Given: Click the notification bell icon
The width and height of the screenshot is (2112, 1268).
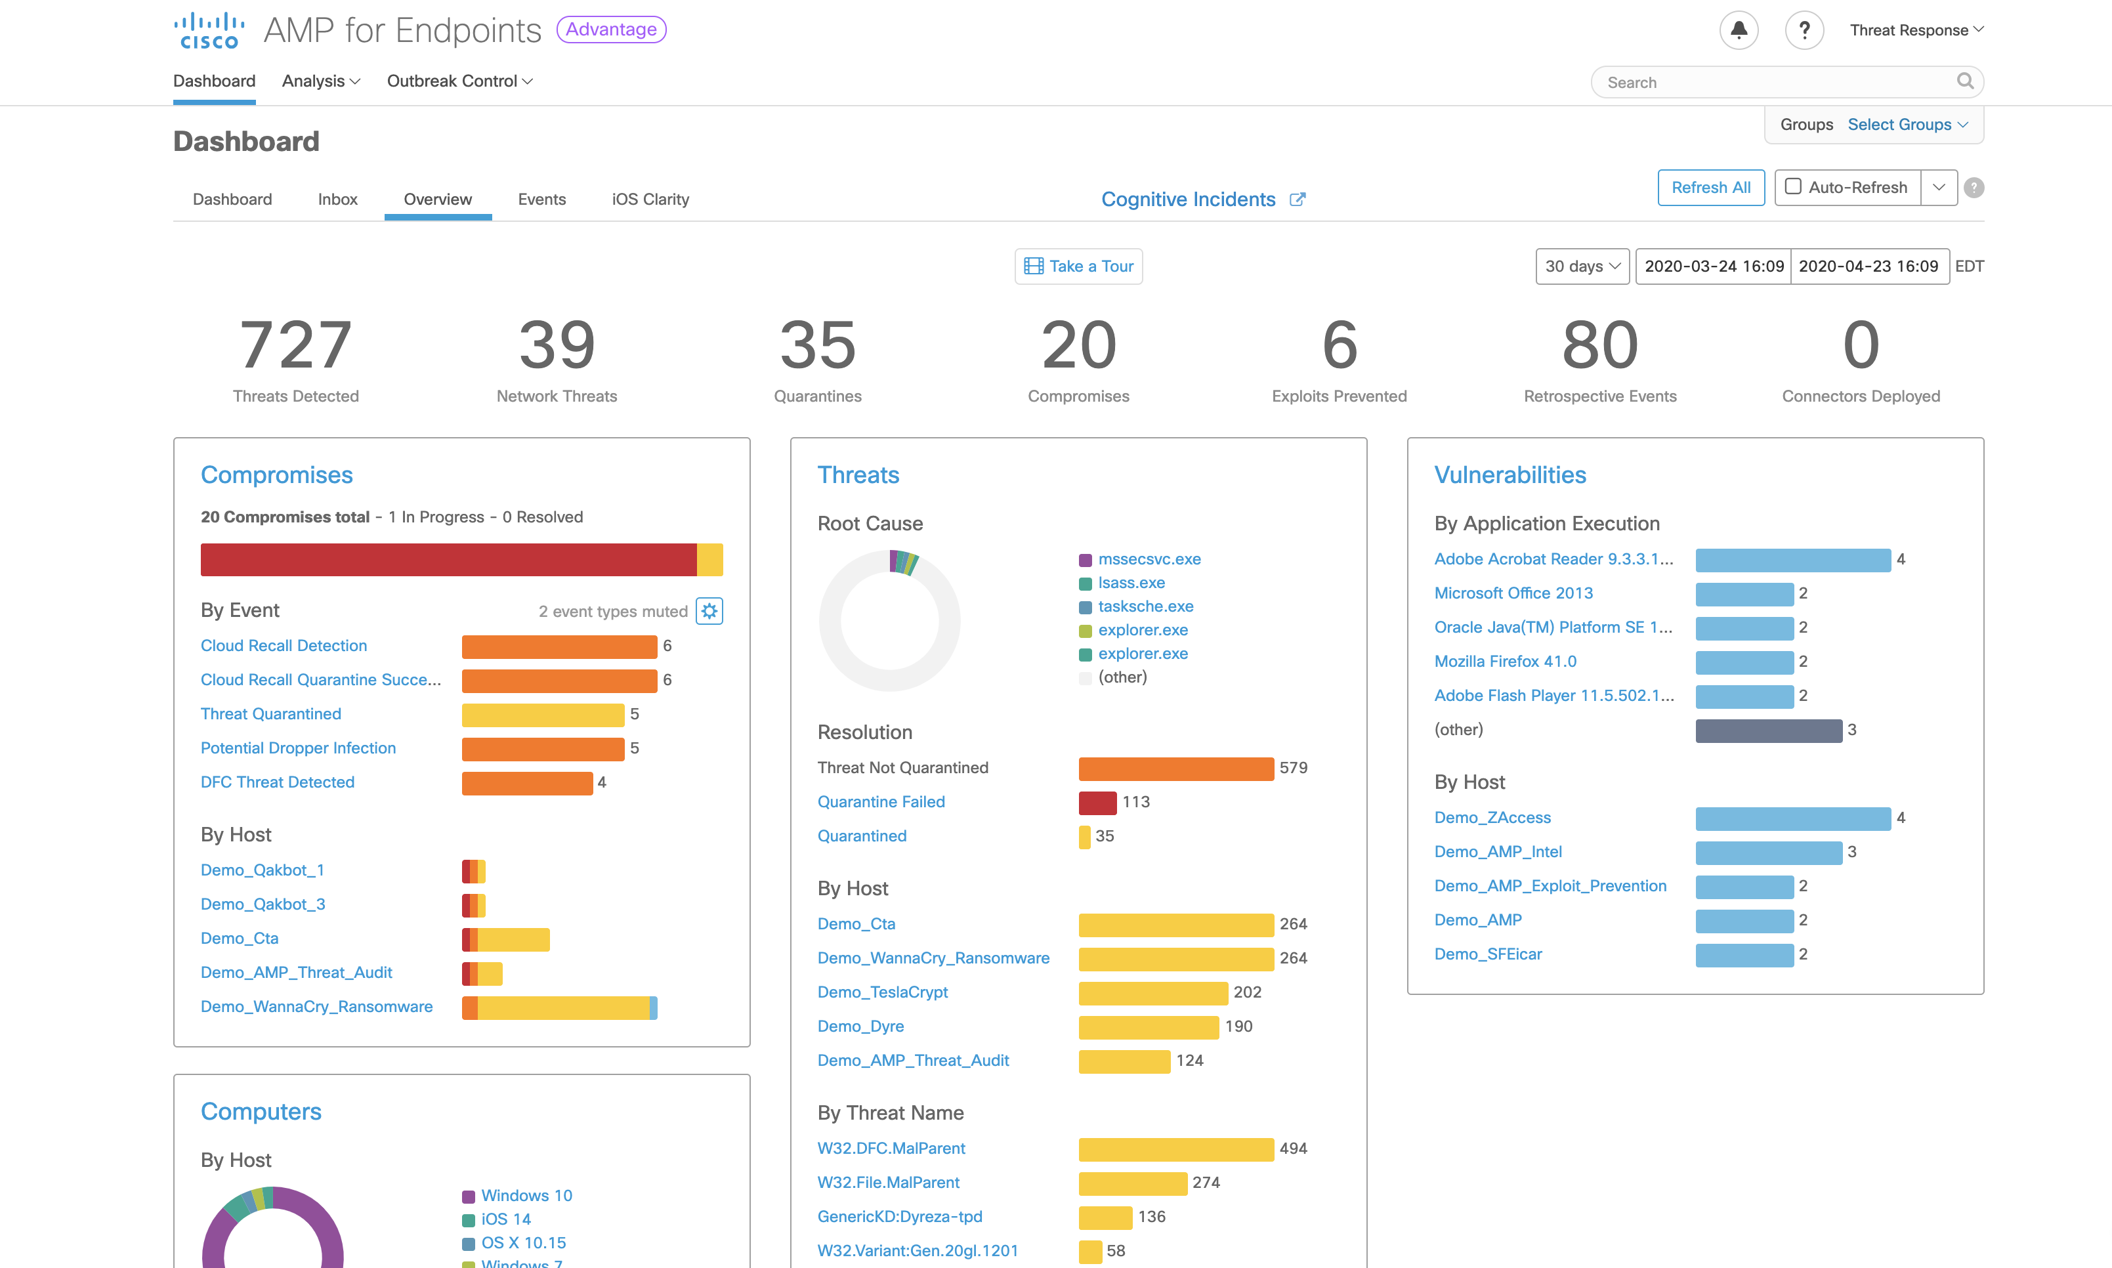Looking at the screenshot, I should (1738, 30).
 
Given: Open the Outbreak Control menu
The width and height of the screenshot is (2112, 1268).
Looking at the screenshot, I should (459, 81).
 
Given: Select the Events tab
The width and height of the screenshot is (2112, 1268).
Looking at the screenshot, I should (541, 199).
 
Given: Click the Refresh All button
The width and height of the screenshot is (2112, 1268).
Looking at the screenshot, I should (1710, 187).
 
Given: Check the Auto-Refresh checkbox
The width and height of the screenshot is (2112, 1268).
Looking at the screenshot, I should (1793, 186).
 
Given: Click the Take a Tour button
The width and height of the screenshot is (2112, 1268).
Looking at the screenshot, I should (1078, 266).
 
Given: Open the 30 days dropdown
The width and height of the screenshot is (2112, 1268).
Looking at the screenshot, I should (1582, 266).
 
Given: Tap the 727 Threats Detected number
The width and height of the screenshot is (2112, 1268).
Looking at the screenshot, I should (295, 345).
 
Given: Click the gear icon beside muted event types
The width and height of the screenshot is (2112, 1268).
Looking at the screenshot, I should (709, 611).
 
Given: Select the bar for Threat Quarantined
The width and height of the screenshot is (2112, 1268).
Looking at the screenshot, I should (543, 714).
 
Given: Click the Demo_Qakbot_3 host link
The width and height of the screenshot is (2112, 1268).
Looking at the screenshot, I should (263, 904).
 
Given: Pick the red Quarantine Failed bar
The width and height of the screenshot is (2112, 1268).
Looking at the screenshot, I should (1097, 802).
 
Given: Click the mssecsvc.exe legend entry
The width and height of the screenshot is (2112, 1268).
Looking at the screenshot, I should (1149, 559).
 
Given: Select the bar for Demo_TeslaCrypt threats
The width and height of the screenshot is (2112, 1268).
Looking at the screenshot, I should (1152, 992).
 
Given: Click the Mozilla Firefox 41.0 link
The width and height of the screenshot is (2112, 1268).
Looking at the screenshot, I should (1504, 662).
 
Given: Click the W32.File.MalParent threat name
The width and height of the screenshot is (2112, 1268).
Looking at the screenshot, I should (888, 1183).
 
